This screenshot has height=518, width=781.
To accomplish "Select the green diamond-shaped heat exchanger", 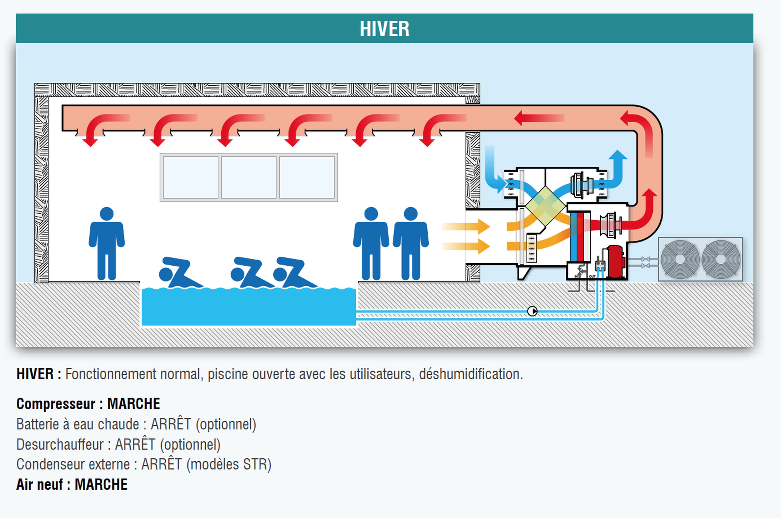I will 545,205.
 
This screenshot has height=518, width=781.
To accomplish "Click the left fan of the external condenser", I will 680,259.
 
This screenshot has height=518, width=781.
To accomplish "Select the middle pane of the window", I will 248,177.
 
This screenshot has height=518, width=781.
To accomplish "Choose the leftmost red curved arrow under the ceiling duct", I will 99,129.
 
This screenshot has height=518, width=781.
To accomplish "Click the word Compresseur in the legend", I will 55,404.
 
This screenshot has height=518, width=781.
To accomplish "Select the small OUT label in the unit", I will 592,276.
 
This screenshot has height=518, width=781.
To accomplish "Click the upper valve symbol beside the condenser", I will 645,259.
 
